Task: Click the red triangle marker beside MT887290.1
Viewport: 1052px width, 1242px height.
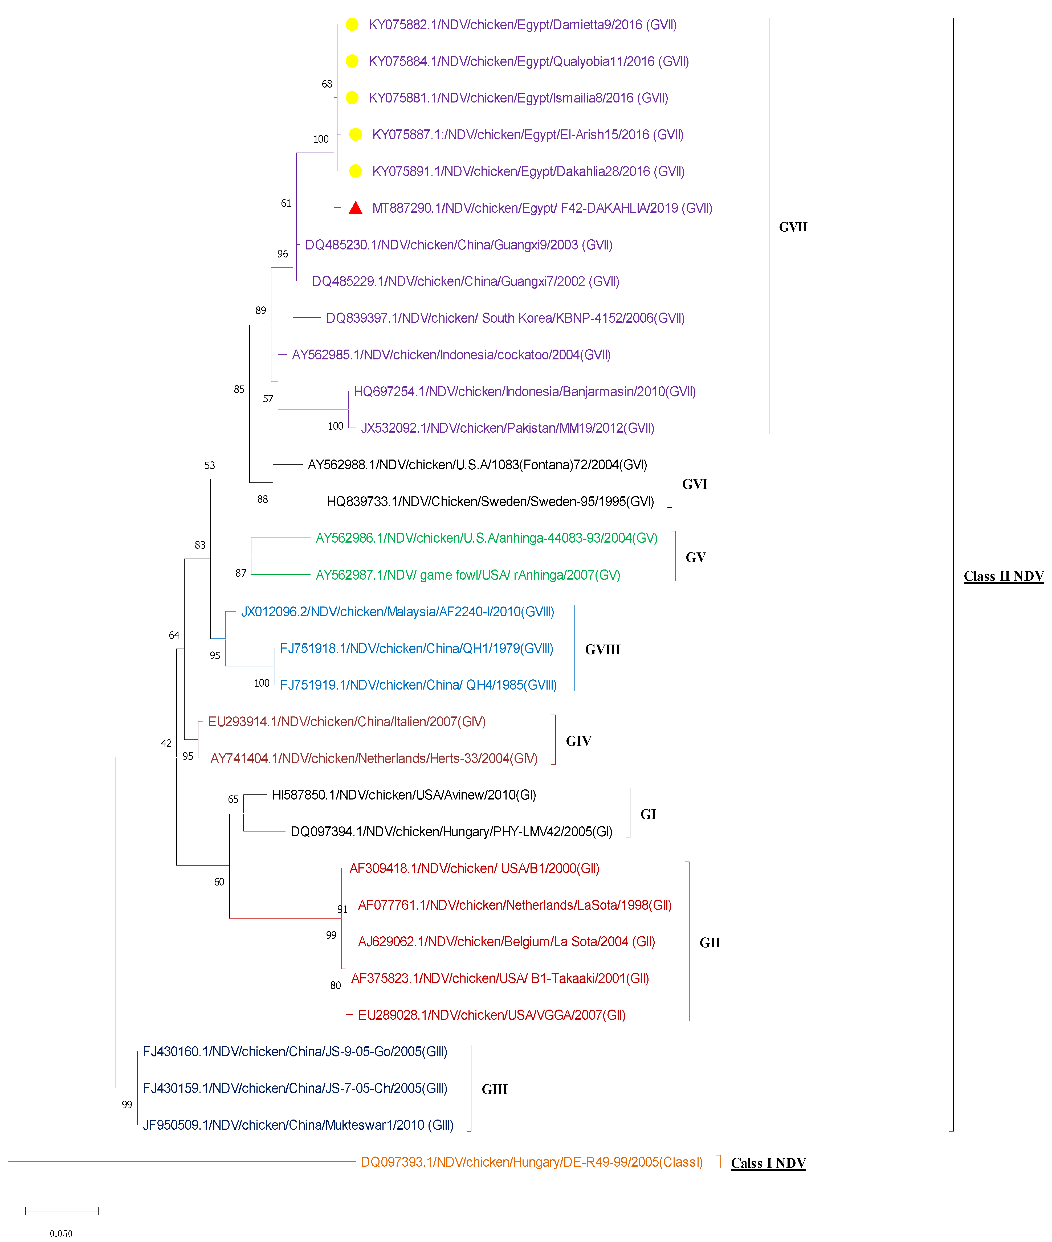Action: point(356,207)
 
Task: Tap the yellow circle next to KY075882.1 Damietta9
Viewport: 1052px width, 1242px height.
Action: point(352,24)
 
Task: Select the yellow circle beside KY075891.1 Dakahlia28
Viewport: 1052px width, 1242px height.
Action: point(356,171)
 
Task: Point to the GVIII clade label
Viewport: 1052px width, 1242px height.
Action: point(602,649)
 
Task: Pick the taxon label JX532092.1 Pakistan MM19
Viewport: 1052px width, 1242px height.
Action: point(508,428)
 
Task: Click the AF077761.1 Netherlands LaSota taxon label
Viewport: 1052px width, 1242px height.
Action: point(515,905)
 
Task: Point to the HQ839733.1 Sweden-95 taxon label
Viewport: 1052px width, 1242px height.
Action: point(490,501)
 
